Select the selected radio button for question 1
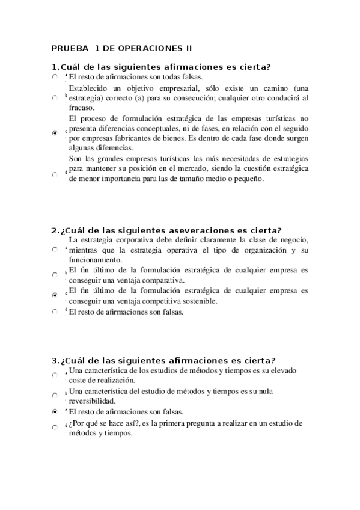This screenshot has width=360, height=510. click(x=55, y=131)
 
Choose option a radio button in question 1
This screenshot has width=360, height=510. click(x=55, y=77)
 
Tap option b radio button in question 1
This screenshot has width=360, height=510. click(x=55, y=98)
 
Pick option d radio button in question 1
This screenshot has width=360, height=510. click(x=55, y=174)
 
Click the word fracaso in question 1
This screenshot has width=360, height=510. click(x=81, y=108)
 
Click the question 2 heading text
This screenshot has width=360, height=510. click(x=166, y=230)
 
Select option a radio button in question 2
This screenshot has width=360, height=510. click(x=55, y=251)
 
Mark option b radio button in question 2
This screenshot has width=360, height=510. click(x=55, y=274)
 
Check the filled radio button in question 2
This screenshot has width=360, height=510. click(x=55, y=295)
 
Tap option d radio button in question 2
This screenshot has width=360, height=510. click(x=55, y=312)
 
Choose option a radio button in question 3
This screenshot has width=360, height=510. click(x=55, y=375)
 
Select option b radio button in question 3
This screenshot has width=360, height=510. click(x=55, y=395)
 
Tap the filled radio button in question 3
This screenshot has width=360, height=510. click(x=55, y=412)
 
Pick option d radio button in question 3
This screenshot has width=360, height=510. click(x=55, y=427)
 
